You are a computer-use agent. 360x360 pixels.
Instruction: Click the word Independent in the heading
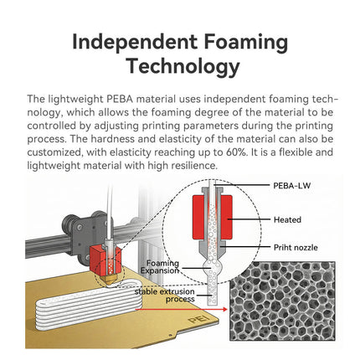tap(135, 42)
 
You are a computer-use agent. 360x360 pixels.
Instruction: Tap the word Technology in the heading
tap(183, 67)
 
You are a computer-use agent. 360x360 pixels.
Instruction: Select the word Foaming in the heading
tap(245, 42)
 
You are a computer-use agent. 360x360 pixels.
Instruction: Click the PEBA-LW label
tap(292, 186)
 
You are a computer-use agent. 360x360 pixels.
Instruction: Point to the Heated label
tap(287, 219)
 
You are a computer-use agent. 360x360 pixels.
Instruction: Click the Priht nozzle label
tap(296, 248)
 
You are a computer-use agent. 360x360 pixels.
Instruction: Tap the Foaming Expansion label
tap(160, 267)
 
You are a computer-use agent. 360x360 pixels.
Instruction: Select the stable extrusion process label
tap(165, 296)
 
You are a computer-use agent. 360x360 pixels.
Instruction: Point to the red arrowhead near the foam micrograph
tap(224, 309)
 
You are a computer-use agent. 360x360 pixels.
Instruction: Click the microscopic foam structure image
tap(282, 301)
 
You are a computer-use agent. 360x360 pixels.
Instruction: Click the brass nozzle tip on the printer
tap(110, 280)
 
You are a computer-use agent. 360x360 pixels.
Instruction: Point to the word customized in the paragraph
tap(54, 152)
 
